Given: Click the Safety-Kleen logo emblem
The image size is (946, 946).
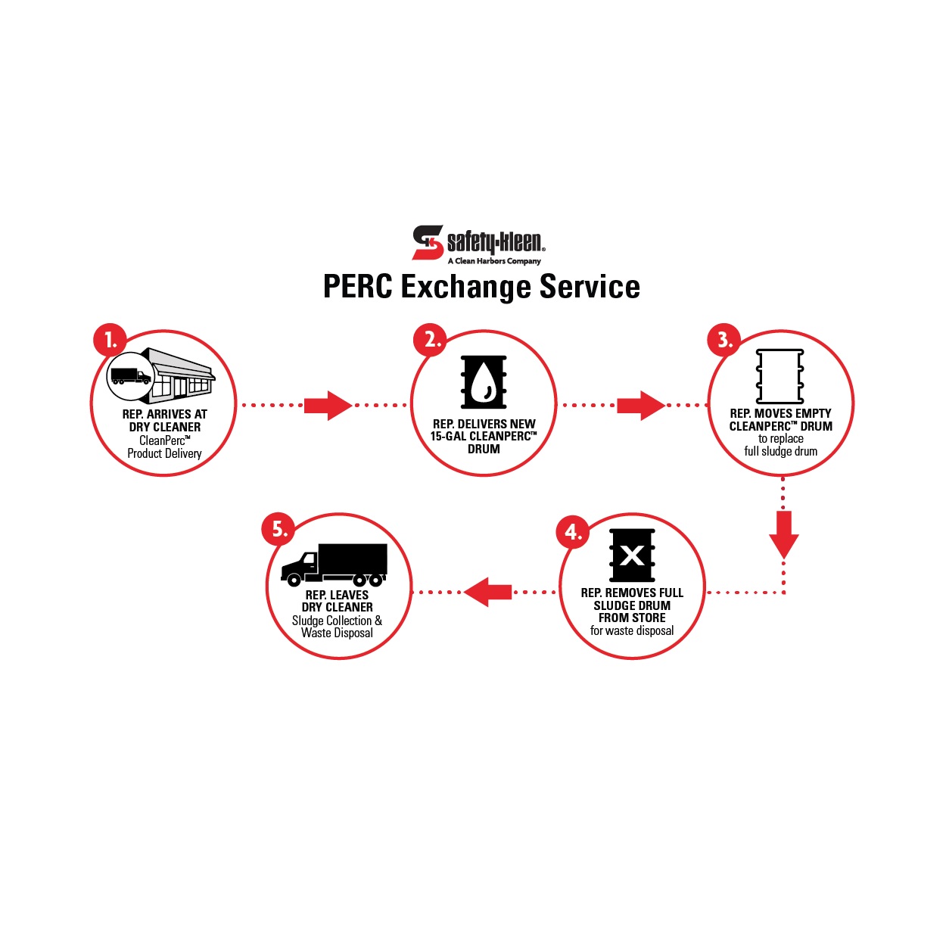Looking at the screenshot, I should tap(428, 242).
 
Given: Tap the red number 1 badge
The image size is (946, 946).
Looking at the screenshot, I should tap(110, 340).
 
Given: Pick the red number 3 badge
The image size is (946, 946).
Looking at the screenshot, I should tap(724, 340).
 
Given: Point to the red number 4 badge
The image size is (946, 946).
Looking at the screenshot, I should tap(572, 532).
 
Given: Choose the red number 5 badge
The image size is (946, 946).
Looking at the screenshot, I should tap(278, 528).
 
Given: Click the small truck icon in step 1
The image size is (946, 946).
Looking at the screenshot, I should tap(130, 376).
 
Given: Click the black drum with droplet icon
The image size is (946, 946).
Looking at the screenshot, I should tap(484, 382).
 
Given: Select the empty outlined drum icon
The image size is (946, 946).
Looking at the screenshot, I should tap(780, 376).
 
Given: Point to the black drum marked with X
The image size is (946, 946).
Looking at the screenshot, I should tap(632, 555).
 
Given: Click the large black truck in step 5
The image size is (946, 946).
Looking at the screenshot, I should tap(334, 565).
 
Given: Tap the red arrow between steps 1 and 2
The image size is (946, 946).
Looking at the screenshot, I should tap(328, 406).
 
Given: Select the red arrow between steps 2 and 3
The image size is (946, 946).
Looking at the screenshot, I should tap(640, 406).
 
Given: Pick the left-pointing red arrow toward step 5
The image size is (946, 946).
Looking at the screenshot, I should tap(488, 592).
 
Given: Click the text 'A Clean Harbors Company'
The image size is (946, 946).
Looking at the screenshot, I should tap(494, 261).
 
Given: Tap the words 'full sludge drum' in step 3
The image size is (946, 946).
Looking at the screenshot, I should tap(780, 452).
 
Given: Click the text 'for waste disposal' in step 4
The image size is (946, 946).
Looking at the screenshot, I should tap(632, 631).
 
